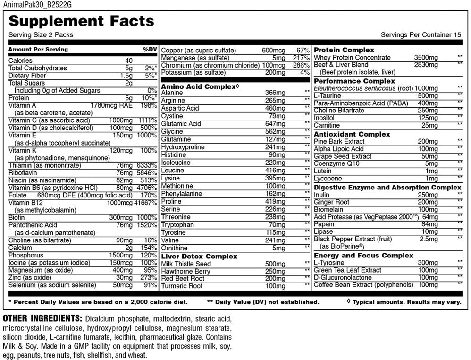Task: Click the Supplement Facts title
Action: click(x=82, y=21)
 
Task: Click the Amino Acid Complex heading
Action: click(x=198, y=86)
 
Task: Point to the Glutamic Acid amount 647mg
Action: click(x=276, y=124)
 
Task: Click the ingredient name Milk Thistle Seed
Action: click(x=186, y=264)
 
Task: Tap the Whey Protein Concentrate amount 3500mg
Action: click(x=426, y=57)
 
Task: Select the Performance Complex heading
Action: click(x=348, y=81)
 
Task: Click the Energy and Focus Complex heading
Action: click(x=363, y=255)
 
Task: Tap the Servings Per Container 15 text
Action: click(x=421, y=35)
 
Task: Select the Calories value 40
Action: click(x=129, y=60)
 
